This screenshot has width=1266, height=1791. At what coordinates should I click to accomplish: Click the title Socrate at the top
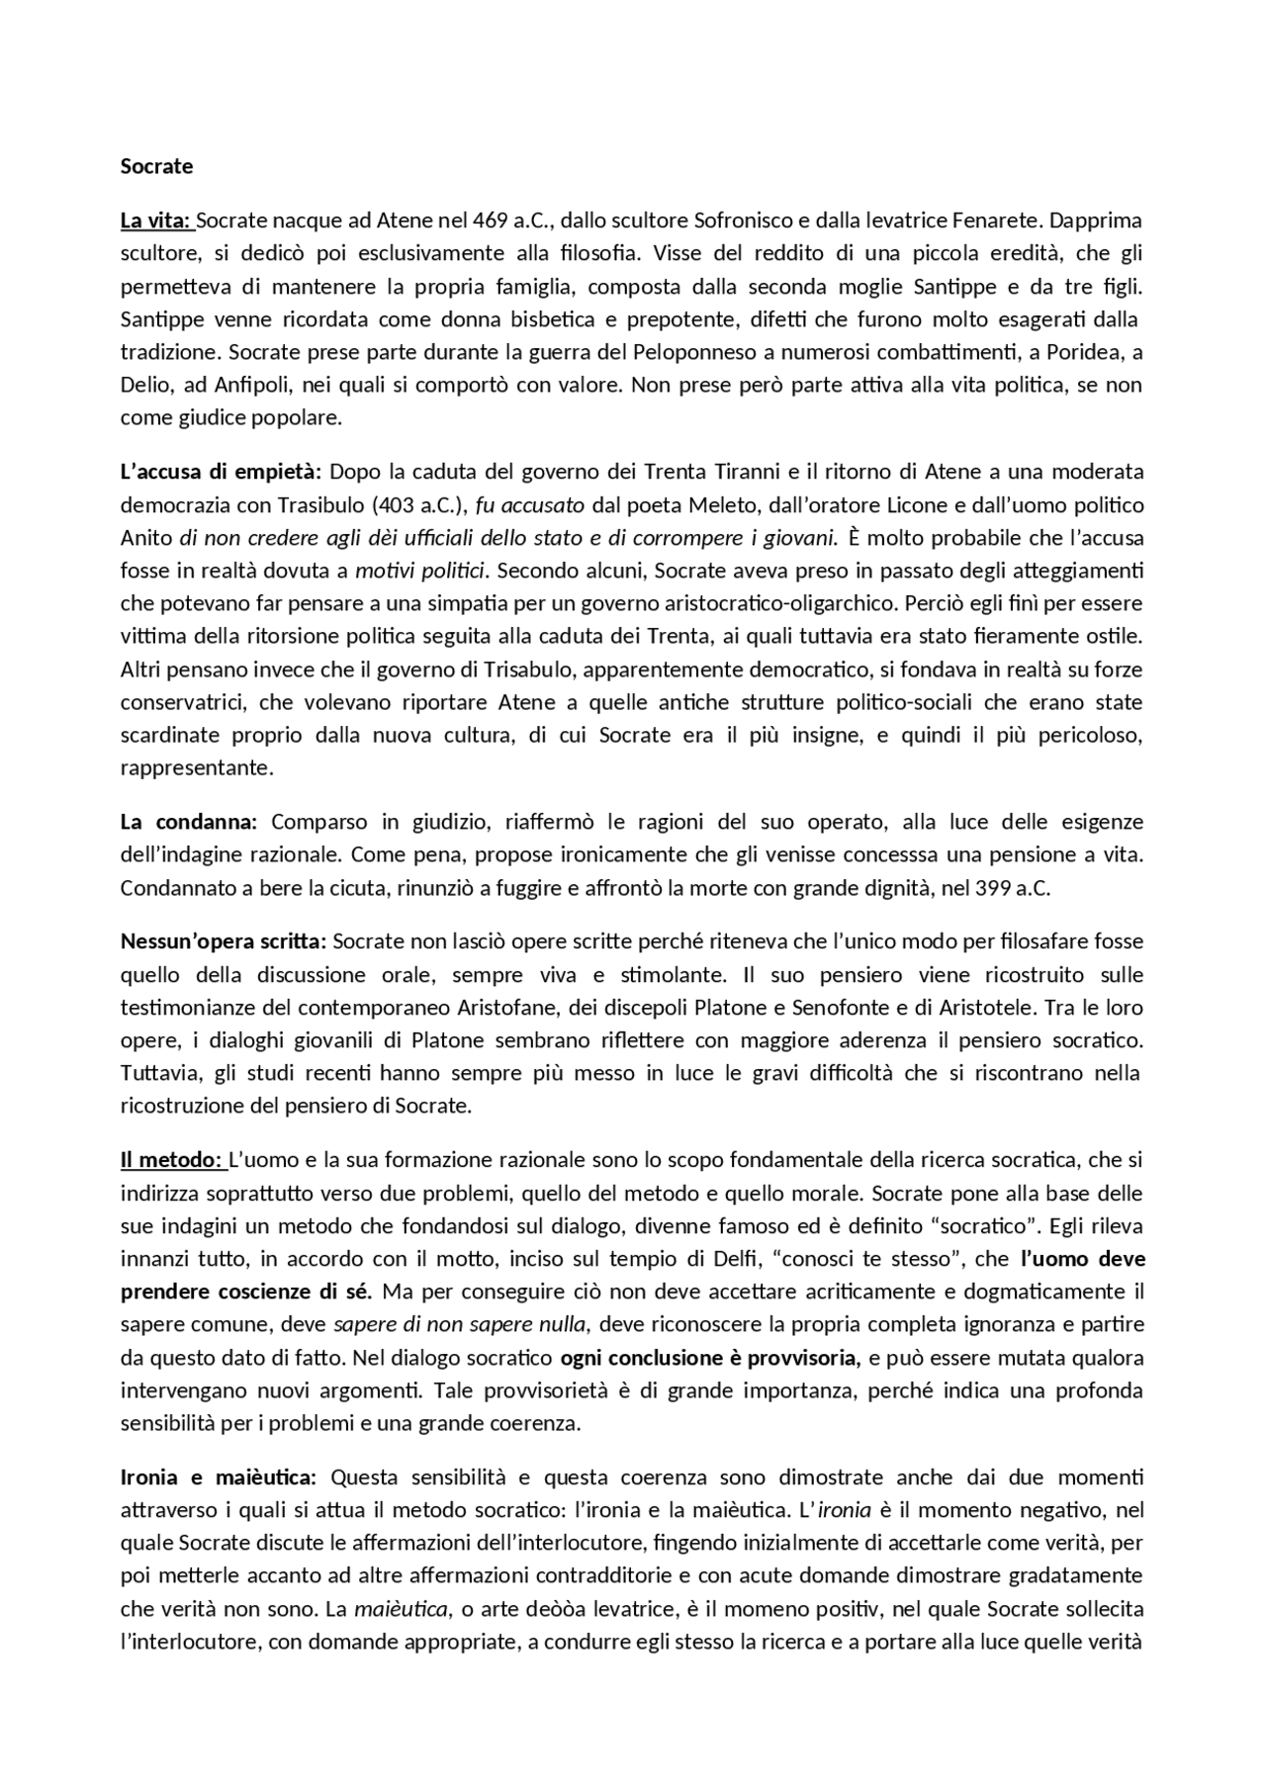(156, 166)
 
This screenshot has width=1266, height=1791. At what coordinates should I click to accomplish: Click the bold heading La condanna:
(189, 822)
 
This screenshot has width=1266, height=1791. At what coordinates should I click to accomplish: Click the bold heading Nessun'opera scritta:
(224, 941)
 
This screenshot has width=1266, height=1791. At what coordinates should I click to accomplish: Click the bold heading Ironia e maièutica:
(218, 1478)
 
